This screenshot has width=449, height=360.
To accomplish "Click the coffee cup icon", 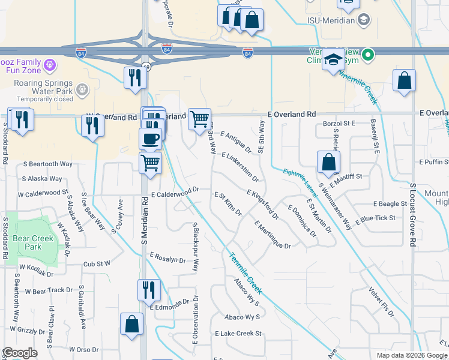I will click(150, 139).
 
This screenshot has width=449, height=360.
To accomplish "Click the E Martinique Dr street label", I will click(273, 235).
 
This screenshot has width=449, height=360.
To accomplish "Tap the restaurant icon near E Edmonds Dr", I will click(148, 290).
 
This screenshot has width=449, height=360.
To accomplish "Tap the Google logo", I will click(20, 353).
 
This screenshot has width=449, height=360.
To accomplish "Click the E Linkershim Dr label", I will click(240, 166).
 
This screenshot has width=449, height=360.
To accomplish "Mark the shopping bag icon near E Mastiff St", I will click(328, 162).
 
